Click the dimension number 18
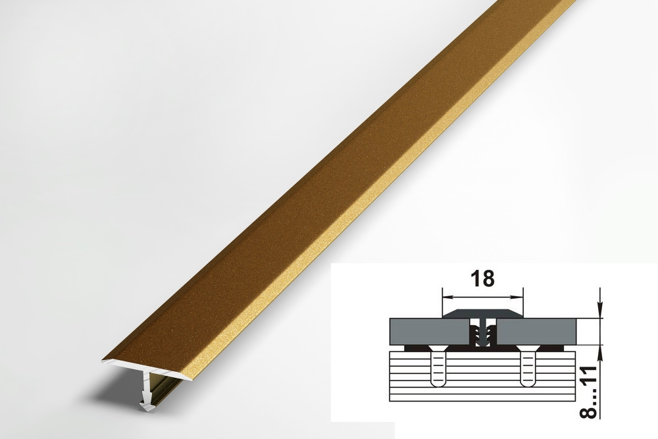click(483, 278)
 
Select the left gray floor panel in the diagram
click(429, 332)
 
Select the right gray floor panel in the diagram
click(537, 332)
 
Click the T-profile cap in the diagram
click(483, 314)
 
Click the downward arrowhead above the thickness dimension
click(601, 311)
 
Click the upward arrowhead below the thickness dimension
click(601, 353)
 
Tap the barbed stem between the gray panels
click(483, 333)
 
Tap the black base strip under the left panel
click(436, 348)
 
